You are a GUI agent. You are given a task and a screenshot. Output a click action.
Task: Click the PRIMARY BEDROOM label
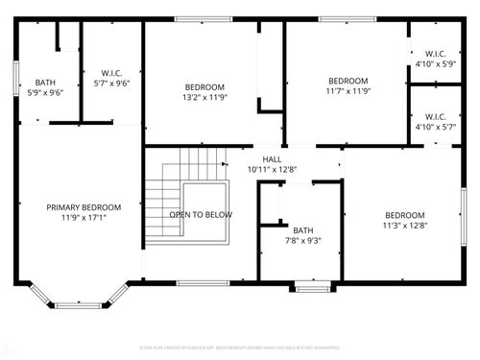pyautogui.click(x=84, y=207)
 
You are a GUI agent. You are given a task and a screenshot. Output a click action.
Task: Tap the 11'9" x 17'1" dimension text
pyautogui.click(x=84, y=217)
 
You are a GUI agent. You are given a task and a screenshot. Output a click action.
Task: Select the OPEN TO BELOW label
pyautogui.click(x=201, y=215)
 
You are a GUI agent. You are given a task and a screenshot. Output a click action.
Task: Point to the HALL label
pyautogui.click(x=272, y=159)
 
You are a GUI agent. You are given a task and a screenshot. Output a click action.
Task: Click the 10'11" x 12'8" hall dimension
pyautogui.click(x=272, y=169)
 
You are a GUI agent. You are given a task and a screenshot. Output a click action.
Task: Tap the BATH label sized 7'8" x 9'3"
pyautogui.click(x=303, y=230)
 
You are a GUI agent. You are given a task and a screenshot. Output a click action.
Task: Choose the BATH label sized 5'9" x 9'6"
pyautogui.click(x=45, y=83)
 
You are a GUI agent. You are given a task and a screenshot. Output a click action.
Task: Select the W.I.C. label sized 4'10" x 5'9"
pyautogui.click(x=436, y=54)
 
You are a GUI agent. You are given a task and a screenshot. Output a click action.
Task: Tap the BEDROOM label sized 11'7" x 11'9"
pyautogui.click(x=348, y=81)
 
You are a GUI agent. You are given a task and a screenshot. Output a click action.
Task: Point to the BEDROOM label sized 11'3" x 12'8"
pyautogui.click(x=404, y=215)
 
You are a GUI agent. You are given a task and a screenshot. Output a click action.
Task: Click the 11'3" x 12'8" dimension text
pyautogui.click(x=404, y=226)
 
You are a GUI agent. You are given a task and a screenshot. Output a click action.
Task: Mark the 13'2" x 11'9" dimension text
pyautogui.click(x=204, y=97)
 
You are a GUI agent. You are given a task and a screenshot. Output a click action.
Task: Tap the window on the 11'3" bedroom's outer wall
pyautogui.click(x=464, y=215)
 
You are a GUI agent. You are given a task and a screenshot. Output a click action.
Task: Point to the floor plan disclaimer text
pyautogui.click(x=240, y=347)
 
